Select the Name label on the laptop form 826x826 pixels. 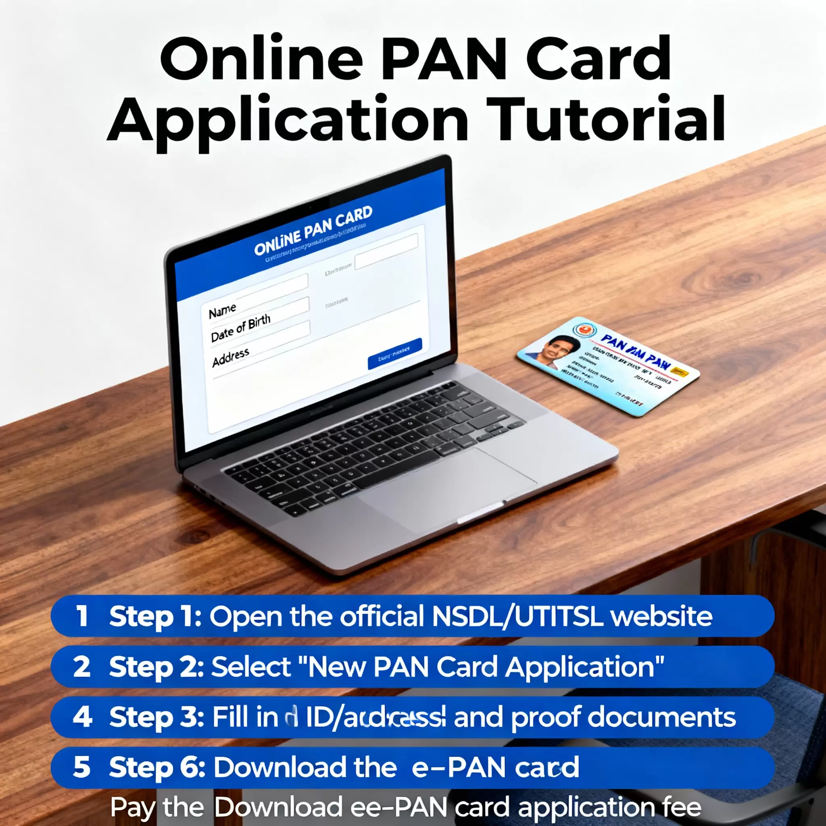pyautogui.click(x=222, y=311)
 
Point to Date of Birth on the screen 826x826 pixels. pyautogui.click(x=241, y=328)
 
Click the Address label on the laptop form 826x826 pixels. pyautogui.click(x=230, y=357)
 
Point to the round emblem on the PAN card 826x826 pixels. pyautogui.click(x=582, y=330)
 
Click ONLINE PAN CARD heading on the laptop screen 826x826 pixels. pyautogui.click(x=313, y=230)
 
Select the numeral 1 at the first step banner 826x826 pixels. pyautogui.click(x=81, y=616)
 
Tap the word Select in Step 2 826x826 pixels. pyautogui.click(x=251, y=667)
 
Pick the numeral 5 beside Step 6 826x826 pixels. pyautogui.click(x=81, y=768)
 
